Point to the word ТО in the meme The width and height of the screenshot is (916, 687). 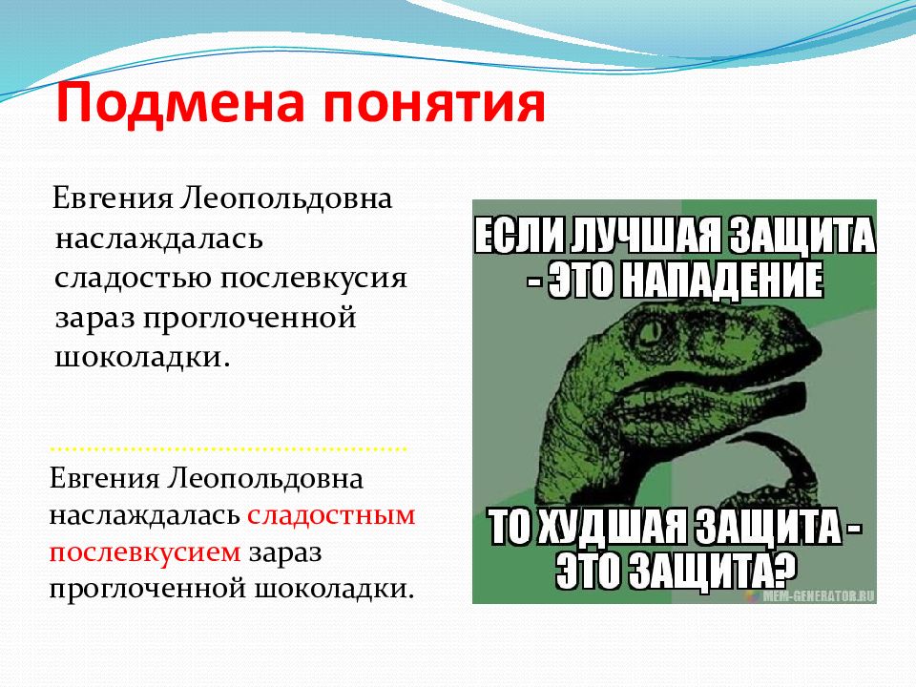(x=515, y=527)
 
